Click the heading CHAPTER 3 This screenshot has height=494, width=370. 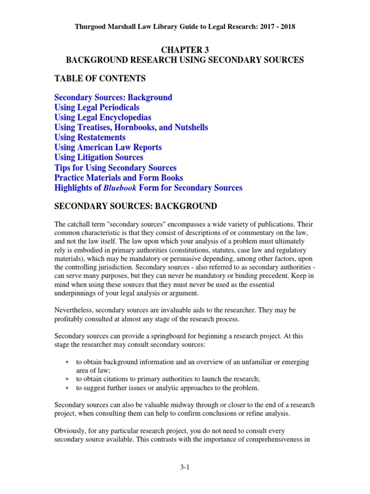[185, 49]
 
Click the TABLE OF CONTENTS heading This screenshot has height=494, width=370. [100, 78]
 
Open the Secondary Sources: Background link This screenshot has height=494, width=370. [113, 97]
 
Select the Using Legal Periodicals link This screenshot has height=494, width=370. [97, 108]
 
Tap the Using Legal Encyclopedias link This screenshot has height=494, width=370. [103, 118]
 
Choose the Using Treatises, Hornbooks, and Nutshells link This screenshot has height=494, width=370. [131, 127]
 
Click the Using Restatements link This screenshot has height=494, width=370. [90, 137]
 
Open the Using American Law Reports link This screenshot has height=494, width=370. [108, 148]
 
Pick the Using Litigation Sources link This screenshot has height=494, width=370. [99, 157]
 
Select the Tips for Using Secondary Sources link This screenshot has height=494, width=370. [115, 168]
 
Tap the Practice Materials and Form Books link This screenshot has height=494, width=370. [119, 178]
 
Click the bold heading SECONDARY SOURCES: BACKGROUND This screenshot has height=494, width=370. [136, 206]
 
